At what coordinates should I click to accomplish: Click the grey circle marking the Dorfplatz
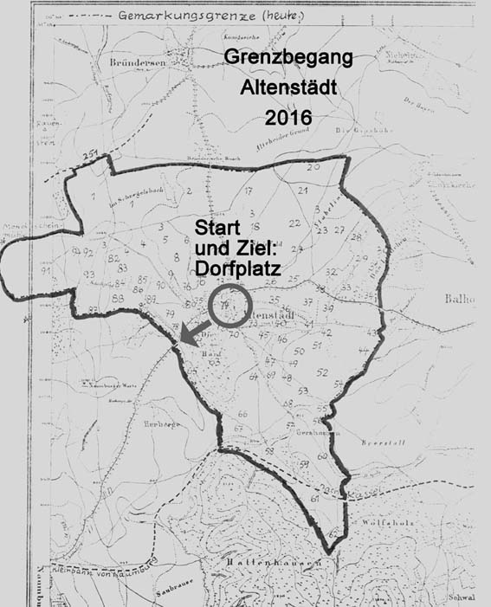(229, 307)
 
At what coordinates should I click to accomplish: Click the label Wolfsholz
(385, 522)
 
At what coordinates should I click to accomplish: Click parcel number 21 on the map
(304, 189)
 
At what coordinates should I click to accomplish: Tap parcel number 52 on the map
(322, 372)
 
